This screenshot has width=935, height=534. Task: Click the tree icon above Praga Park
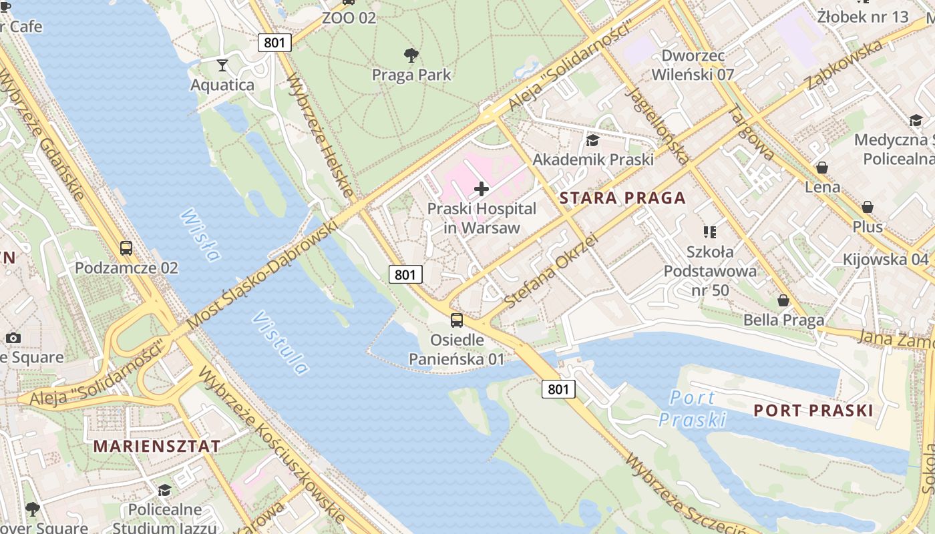[411, 55]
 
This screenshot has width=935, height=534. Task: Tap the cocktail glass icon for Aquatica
[222, 65]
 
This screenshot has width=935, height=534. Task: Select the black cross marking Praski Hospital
[481, 189]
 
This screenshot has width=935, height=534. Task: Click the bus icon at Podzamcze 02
[126, 248]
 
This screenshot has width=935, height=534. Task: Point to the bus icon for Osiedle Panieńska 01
[457, 320]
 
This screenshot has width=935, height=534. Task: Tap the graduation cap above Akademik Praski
[592, 140]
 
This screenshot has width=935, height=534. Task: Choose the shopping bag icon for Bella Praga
[783, 301]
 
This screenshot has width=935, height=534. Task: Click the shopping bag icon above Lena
[822, 168]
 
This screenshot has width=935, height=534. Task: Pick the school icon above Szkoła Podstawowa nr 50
[710, 232]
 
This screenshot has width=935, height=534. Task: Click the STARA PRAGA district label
[622, 198]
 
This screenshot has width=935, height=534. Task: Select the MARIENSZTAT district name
[157, 446]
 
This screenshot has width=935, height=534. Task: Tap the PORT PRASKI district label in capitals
[813, 411]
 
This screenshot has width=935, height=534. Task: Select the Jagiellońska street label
[657, 125]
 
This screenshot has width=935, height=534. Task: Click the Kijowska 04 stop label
[886, 259]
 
